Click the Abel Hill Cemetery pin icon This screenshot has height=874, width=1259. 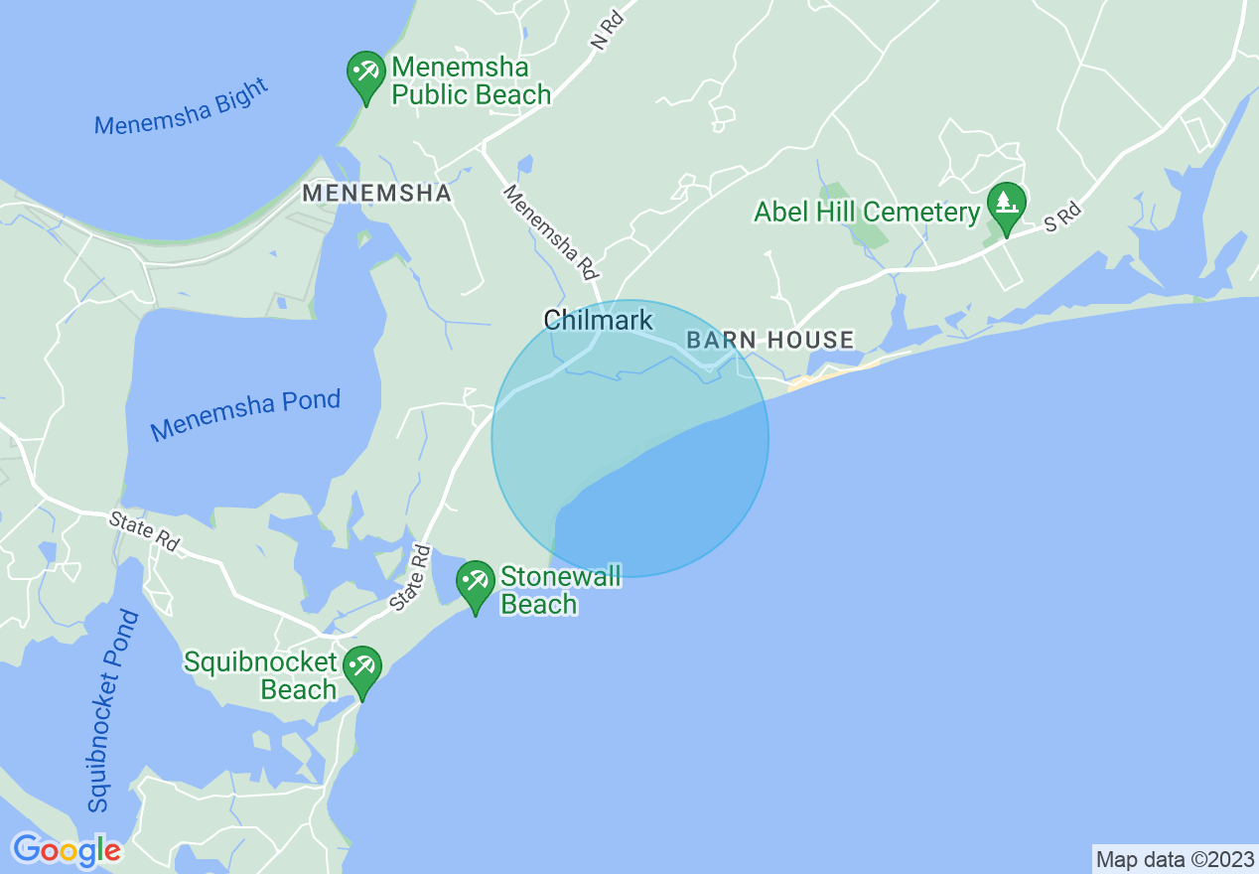(x=1006, y=207)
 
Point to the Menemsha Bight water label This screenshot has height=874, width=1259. (x=182, y=107)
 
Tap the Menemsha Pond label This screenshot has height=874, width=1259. (x=245, y=415)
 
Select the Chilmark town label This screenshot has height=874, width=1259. (x=598, y=320)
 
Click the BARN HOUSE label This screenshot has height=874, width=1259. (x=770, y=341)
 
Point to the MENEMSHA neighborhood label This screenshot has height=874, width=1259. (x=377, y=193)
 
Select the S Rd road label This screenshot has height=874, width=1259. (x=1061, y=218)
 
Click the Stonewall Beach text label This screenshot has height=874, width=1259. (x=560, y=590)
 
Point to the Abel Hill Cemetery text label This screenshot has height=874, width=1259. (x=867, y=212)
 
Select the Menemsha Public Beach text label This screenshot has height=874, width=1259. (x=471, y=81)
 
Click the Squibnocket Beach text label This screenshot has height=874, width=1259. (x=261, y=676)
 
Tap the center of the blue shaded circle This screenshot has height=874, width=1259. (x=630, y=438)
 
